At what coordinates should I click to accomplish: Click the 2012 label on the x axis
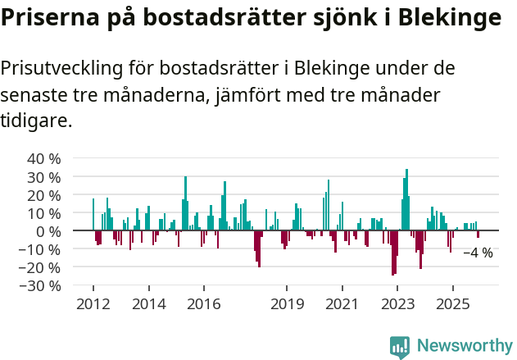pyautogui.click(x=93, y=304)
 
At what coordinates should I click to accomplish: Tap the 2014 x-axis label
pyautogui.click(x=148, y=304)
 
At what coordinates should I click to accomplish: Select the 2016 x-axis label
pyautogui.click(x=203, y=304)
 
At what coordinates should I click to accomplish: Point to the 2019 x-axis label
pyautogui.click(x=287, y=304)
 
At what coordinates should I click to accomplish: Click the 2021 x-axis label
pyautogui.click(x=342, y=304)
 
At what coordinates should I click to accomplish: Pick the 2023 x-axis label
pyautogui.click(x=397, y=304)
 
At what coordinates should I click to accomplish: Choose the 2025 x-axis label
pyautogui.click(x=453, y=304)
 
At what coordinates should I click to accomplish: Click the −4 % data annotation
pyautogui.click(x=478, y=253)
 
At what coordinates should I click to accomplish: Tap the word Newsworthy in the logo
pyautogui.click(x=465, y=346)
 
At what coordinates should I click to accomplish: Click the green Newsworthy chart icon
pyautogui.click(x=400, y=347)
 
